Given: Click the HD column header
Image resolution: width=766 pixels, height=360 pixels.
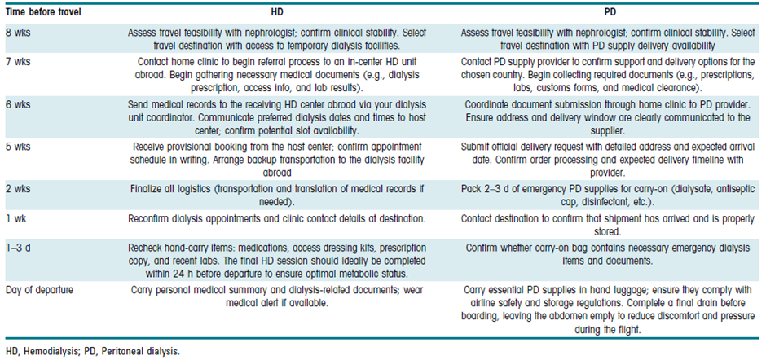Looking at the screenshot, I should [276, 14].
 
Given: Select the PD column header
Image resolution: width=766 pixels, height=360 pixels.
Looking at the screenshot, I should [610, 14].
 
